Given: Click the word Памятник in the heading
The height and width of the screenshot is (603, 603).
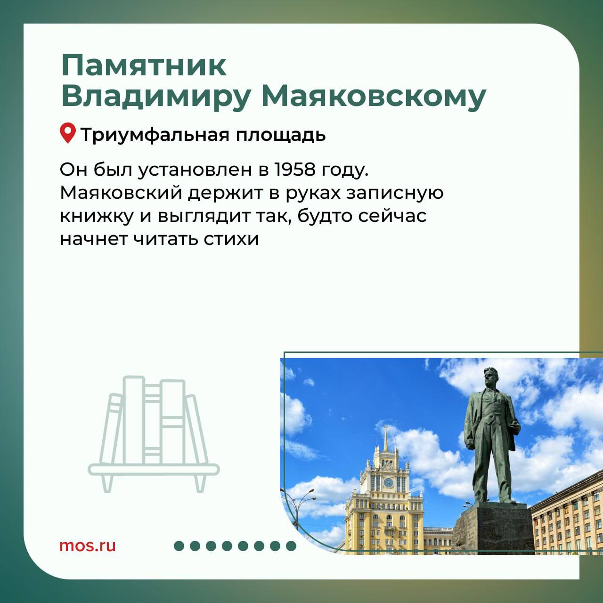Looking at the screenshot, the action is coord(144,65).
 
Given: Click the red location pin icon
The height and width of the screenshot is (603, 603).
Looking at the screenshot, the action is coord(68,133).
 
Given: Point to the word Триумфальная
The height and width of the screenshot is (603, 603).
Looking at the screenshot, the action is coord(155,135).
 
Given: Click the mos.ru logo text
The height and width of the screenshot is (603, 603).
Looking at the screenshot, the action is coord(88,546).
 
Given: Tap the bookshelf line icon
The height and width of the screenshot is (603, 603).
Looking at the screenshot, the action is coord(154,434).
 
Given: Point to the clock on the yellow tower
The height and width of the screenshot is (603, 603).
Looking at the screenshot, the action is coord(388,482).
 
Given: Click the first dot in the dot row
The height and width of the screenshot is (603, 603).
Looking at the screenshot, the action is coord(179,546).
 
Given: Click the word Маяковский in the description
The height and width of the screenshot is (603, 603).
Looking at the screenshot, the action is coord(121,193).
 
